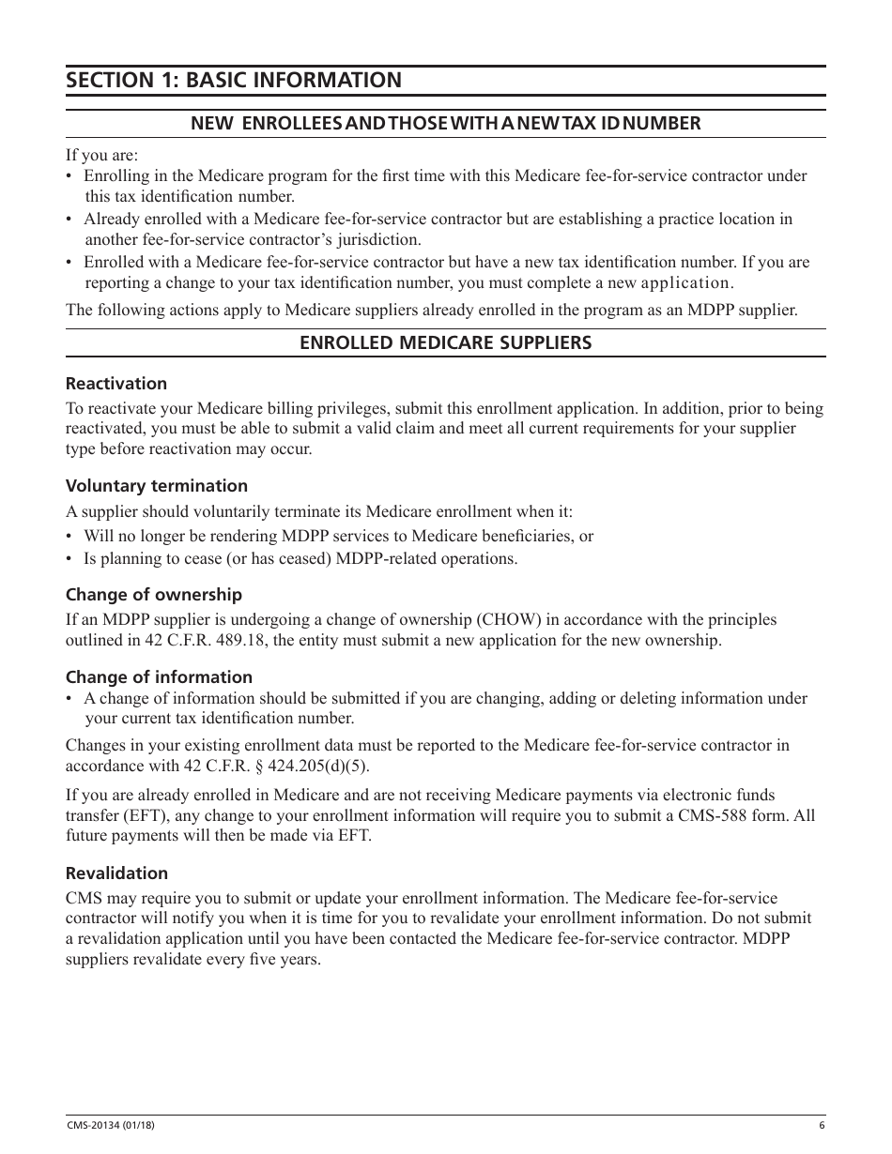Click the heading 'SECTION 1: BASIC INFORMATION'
coord(234,81)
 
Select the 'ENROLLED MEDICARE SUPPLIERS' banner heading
coord(445,342)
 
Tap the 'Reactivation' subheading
coord(116,384)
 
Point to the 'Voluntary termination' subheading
coord(157,486)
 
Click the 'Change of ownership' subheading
coord(154,595)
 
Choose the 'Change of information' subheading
coord(159,677)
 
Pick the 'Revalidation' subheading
coord(116,873)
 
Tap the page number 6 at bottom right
coord(822,1126)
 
